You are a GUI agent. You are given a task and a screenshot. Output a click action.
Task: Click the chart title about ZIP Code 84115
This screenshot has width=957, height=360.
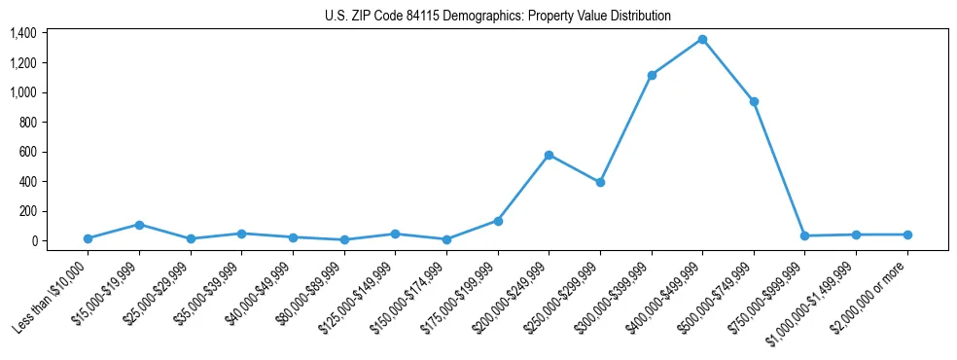click(497, 17)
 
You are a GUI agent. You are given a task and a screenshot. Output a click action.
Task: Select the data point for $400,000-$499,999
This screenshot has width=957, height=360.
click(702, 40)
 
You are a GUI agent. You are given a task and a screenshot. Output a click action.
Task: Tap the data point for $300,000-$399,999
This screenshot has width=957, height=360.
click(652, 75)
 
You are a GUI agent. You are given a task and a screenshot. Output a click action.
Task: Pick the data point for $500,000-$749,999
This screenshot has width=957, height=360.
click(754, 101)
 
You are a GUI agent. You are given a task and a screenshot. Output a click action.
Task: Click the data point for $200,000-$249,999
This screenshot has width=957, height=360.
click(549, 155)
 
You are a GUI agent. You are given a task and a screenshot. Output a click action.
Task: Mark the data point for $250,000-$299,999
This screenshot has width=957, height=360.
click(600, 182)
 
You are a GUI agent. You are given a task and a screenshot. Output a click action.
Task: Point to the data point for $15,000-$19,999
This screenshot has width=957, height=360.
click(139, 225)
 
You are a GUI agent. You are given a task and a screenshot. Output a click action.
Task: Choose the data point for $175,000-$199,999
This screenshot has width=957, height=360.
click(498, 221)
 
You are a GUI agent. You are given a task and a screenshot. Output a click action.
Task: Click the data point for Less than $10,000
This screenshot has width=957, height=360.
click(89, 238)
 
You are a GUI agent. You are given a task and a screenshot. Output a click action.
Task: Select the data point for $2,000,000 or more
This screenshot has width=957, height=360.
click(907, 234)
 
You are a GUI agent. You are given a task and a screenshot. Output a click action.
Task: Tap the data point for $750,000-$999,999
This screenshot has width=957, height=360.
click(804, 235)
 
